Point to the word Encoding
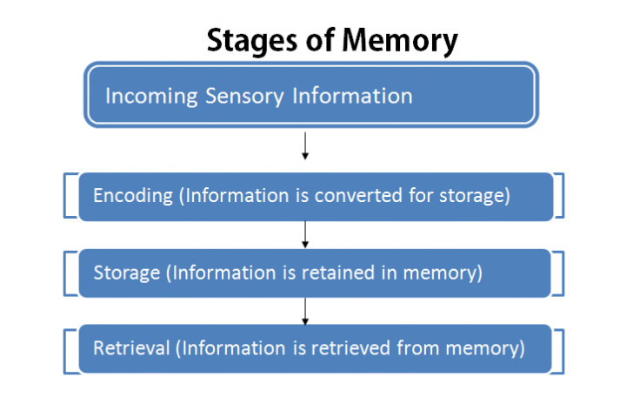click(133, 196)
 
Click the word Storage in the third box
click(127, 273)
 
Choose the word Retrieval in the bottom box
click(131, 348)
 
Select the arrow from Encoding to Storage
click(305, 233)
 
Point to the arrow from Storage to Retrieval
click(305, 310)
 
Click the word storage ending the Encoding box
click(476, 196)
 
